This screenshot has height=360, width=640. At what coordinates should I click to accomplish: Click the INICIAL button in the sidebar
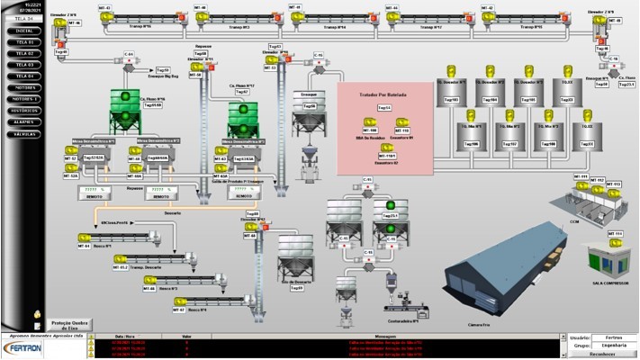(25, 31)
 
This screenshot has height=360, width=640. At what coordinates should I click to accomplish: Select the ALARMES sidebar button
(25, 121)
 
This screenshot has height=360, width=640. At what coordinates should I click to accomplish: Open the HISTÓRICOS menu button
(25, 110)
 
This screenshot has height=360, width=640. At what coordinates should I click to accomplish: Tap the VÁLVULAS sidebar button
(25, 133)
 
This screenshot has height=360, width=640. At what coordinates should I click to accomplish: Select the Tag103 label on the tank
(451, 100)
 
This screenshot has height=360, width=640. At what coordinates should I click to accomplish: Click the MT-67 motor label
(177, 310)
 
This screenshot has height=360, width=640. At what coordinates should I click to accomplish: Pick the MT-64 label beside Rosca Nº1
(84, 245)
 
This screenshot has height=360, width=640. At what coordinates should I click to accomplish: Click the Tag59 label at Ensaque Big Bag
(163, 69)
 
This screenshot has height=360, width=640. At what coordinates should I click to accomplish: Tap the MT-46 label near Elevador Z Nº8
(75, 23)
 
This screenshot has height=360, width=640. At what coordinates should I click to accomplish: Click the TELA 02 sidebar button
(25, 53)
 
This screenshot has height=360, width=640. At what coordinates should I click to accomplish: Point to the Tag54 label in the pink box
(384, 108)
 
